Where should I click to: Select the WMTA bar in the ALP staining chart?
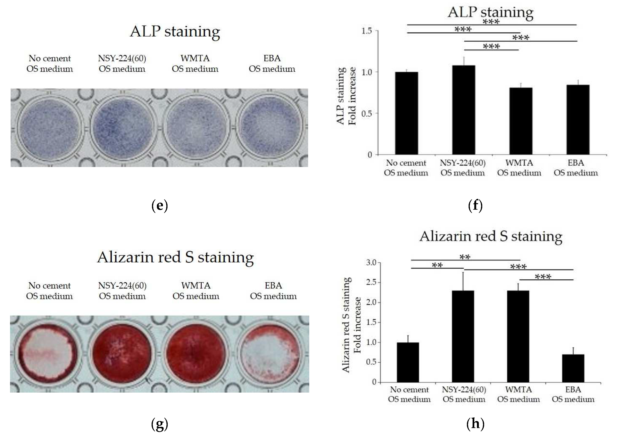pyautogui.click(x=520, y=121)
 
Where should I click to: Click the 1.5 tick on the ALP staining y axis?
pyautogui.click(x=367, y=31)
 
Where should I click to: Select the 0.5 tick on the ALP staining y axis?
pyautogui.click(x=367, y=114)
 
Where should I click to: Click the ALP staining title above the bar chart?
pyautogui.click(x=490, y=12)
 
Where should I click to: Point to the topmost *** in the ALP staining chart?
pyautogui.click(x=491, y=22)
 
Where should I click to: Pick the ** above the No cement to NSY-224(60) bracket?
pyautogui.click(x=437, y=265)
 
